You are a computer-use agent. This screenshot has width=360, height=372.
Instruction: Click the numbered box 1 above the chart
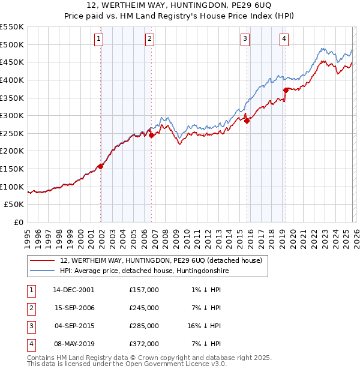[98, 40]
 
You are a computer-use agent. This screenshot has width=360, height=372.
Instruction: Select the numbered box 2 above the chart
[149, 40]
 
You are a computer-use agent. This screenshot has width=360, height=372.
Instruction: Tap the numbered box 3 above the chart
[245, 40]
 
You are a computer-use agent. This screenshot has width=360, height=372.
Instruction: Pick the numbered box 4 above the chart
[284, 40]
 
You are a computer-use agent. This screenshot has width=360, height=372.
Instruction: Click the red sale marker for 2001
[101, 166]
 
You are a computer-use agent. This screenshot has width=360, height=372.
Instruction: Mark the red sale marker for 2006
[151, 135]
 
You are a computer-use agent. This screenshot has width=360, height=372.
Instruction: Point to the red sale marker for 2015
[247, 121]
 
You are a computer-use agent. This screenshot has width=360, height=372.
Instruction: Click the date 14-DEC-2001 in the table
[74, 290]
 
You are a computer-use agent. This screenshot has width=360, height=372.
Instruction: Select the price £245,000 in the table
[144, 308]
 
